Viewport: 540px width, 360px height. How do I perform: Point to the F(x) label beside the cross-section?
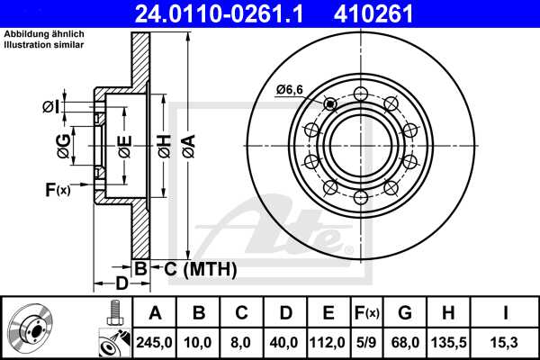coord(58,189)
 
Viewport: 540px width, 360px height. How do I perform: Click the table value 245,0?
coord(155,342)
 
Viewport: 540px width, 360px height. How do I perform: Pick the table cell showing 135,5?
coord(448,342)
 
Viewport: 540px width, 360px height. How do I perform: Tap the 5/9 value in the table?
coord(365,342)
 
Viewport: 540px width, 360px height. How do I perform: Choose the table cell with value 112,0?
coord(328,342)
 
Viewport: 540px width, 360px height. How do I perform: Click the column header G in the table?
coord(405,313)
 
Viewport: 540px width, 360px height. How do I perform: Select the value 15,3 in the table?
coord(504,342)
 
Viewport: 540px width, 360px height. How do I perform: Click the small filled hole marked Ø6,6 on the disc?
coord(330,104)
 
